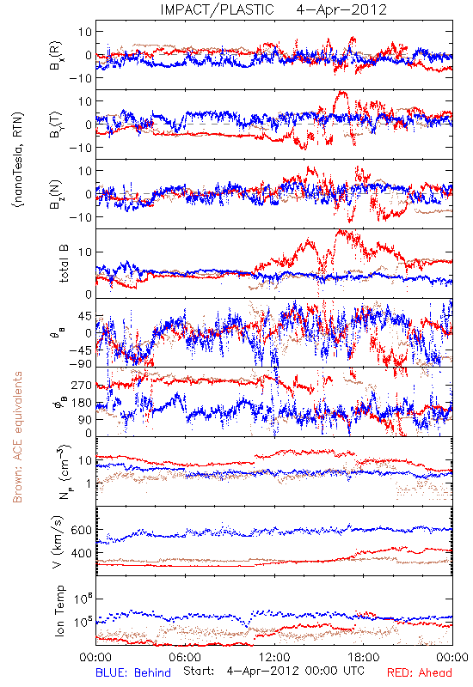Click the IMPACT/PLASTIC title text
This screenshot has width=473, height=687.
217,9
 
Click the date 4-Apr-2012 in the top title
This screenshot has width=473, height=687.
341,9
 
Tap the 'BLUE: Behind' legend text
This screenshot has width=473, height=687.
133,672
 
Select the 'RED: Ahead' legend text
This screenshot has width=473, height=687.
419,672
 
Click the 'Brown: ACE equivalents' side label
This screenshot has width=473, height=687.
17,437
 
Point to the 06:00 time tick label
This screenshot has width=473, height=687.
185,657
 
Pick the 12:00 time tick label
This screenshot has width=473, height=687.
274,657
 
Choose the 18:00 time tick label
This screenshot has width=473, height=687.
364,657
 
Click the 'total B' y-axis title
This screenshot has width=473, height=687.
64,264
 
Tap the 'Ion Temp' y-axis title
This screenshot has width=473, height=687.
59,611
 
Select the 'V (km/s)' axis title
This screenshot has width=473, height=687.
58,542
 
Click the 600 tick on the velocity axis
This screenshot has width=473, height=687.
82,530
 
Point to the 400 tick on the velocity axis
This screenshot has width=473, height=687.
82,553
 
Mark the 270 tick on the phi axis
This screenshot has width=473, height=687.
82,385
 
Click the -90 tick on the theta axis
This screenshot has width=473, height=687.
81,364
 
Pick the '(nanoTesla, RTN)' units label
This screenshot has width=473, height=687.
18,160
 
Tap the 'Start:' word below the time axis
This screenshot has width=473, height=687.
200,671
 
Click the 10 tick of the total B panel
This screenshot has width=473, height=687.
85,252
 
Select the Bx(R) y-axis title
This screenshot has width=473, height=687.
56,55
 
